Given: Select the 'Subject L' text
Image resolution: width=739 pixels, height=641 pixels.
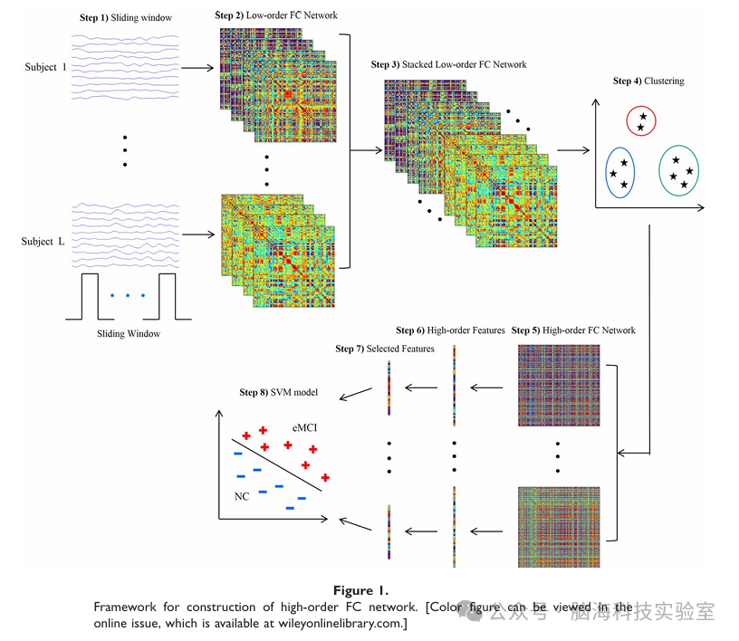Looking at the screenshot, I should (43, 241).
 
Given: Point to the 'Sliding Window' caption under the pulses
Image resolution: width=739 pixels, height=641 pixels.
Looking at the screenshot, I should (128, 334).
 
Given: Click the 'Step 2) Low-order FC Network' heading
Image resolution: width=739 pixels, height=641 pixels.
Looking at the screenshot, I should (275, 16).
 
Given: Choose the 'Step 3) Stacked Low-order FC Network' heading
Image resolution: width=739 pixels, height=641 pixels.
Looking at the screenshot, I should (448, 65).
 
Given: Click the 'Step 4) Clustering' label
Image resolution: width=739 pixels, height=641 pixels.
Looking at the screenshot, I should (648, 81).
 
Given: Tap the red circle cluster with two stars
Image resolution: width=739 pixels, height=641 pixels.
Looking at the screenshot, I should (641, 121).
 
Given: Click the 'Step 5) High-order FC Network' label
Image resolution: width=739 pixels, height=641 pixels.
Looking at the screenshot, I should (573, 330).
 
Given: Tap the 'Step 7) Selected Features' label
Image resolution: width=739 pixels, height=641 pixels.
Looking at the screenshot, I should (385, 349).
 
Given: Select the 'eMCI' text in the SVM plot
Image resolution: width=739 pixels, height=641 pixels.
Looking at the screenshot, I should (304, 426).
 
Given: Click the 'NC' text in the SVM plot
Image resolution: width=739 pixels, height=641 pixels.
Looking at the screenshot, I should (241, 496).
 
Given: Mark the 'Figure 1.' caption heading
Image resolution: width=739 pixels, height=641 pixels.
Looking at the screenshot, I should (370, 589).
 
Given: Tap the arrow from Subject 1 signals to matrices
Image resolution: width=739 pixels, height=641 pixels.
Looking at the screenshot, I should (197, 67).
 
